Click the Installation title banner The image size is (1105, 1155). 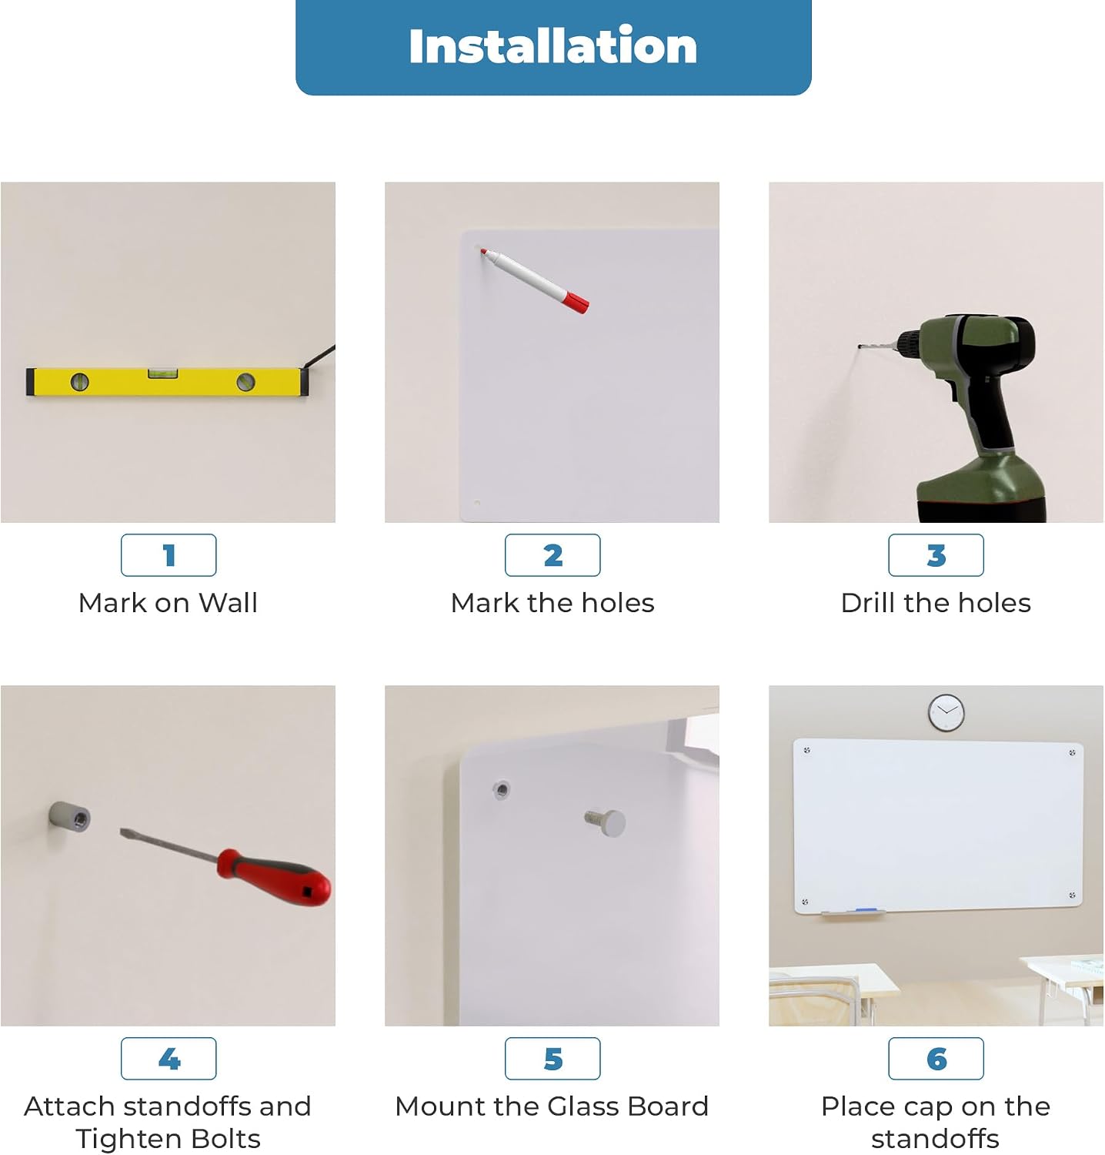(553, 47)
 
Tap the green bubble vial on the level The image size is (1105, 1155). (162, 373)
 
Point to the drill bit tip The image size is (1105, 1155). (860, 347)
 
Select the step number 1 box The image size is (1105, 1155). (169, 555)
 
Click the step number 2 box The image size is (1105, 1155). (552, 555)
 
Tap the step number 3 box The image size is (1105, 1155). (936, 555)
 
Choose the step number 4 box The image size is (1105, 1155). (169, 1059)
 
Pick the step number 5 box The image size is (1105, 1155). (552, 1059)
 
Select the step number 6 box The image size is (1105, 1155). (936, 1059)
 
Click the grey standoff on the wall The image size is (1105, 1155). (69, 816)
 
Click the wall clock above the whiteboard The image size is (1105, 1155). (946, 712)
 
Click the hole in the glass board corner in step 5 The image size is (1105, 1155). (501, 789)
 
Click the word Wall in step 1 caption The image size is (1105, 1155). (228, 603)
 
